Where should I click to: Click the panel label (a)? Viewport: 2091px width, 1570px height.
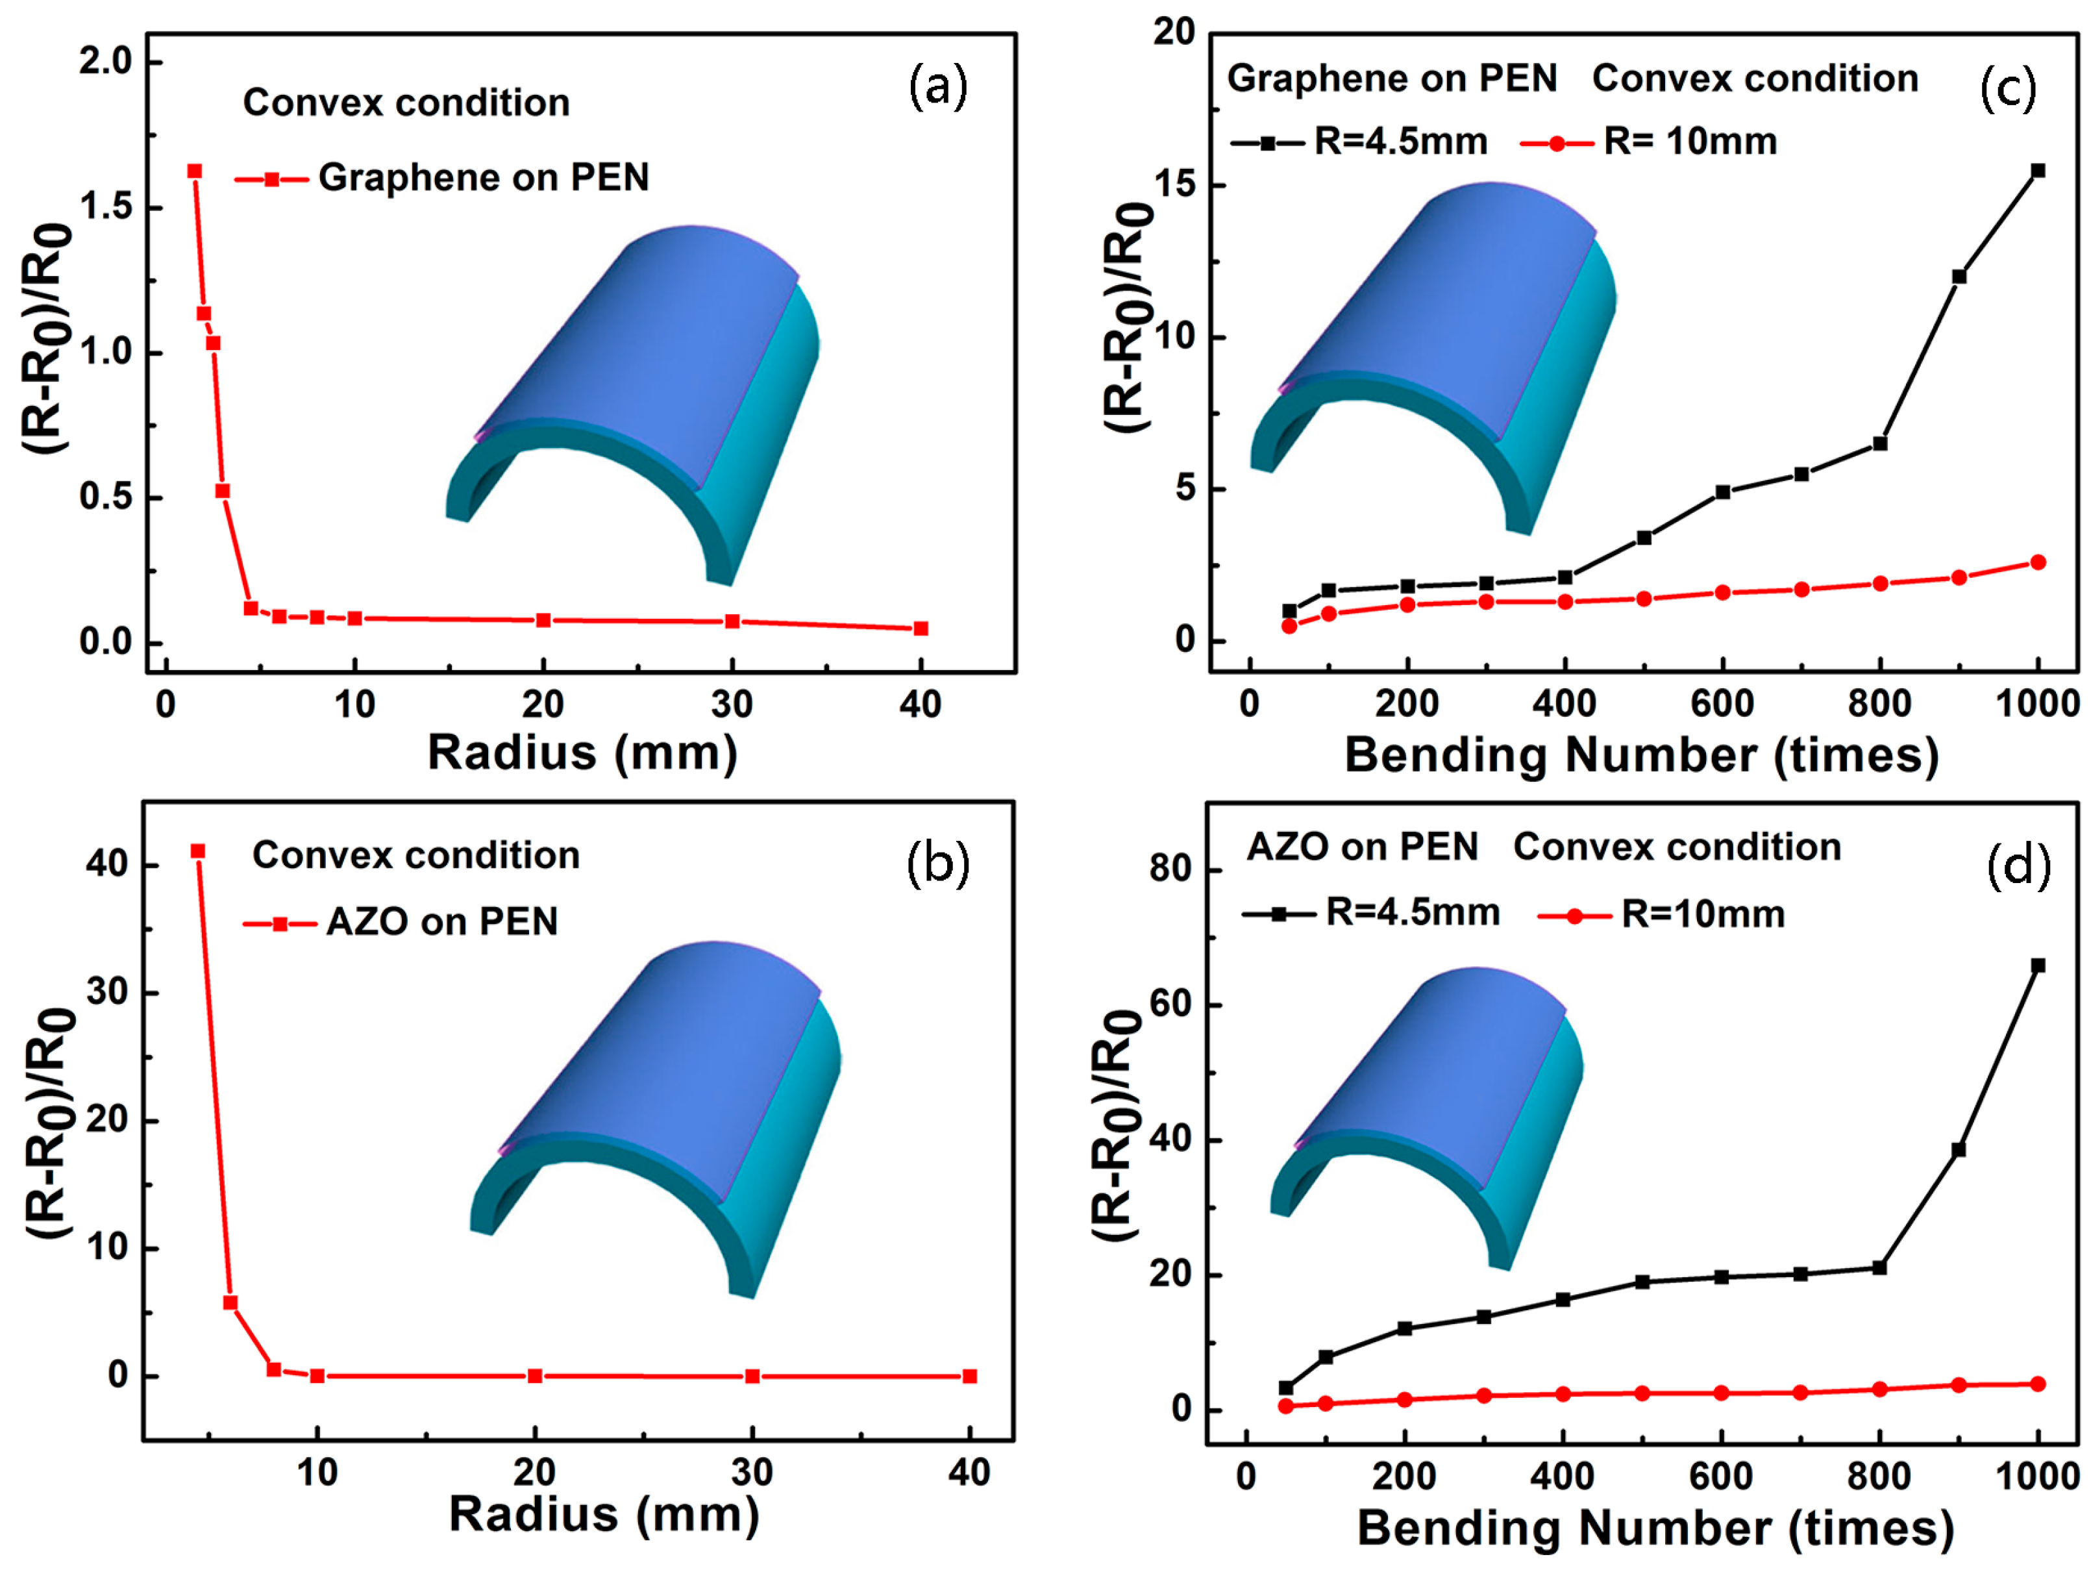(937, 87)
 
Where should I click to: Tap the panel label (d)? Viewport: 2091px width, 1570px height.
(2018, 865)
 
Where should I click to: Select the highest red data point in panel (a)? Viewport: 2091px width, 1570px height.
(195, 171)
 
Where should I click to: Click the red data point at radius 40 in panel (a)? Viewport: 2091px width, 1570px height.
(921, 629)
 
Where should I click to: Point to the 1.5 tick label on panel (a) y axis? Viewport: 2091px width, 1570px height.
(106, 206)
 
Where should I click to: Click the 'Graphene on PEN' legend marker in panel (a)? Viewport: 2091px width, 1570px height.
(272, 179)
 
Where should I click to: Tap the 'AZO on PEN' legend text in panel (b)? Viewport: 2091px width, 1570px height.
(442, 921)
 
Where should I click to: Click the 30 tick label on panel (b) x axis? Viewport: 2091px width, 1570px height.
(752, 1472)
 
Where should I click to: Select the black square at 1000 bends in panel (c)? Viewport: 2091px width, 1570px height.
(2038, 171)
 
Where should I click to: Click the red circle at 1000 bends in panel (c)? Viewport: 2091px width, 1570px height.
(2038, 562)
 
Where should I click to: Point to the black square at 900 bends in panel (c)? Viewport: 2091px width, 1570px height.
(1959, 277)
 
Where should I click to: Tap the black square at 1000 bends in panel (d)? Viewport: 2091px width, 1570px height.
(2038, 965)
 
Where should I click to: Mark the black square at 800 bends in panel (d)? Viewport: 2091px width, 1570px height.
(1879, 1267)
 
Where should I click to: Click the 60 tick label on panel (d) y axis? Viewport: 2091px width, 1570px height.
(1171, 1004)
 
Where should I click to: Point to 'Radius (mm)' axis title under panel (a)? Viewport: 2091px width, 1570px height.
(582, 753)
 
